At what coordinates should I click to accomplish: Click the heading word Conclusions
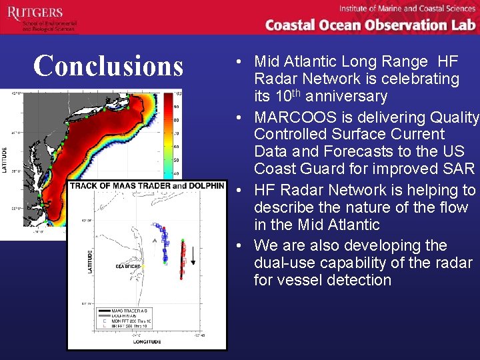pos(108,66)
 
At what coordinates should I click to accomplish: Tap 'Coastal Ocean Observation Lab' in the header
pos(370,25)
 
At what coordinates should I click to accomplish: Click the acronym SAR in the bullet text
pos(460,169)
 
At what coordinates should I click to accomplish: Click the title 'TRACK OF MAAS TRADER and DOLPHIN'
pos(147,185)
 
